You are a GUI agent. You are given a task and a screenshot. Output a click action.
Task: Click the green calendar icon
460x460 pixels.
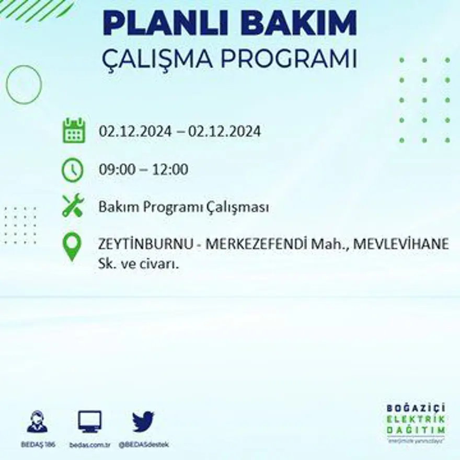coord(74,131)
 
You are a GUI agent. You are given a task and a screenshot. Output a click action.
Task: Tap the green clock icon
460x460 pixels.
coord(72,170)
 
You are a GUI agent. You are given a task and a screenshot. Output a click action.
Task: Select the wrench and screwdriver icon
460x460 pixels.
coord(73,205)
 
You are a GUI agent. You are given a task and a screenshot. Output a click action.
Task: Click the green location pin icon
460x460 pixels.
coord(72,247)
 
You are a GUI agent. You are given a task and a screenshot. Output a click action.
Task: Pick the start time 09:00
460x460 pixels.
coord(114,170)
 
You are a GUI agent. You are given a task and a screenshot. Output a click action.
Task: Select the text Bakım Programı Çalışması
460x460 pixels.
coord(183,208)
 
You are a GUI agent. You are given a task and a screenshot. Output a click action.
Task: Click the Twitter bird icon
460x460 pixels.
coord(143,422)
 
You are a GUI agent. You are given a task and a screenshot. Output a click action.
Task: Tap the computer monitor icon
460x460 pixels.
coord(90,421)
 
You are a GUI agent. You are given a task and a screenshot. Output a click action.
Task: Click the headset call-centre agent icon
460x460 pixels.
coord(37,422)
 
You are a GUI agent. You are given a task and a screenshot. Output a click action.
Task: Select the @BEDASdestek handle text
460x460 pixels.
coord(143,444)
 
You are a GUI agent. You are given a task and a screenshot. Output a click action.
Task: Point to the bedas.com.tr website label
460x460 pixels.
coord(89,444)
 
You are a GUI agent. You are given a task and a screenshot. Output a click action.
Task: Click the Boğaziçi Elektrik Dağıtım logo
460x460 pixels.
coord(416,422)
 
